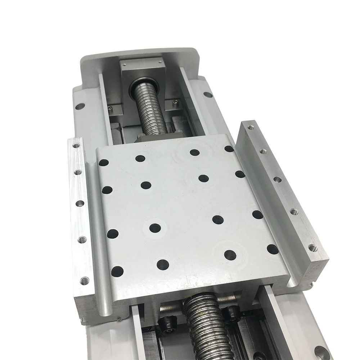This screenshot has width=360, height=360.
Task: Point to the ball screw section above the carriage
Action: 149,108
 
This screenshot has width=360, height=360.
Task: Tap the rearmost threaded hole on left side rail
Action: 76,146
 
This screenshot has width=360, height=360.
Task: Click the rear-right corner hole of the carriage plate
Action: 229,148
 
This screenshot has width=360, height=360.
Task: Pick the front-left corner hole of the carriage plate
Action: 117,271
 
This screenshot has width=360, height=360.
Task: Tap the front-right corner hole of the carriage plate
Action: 273,249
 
